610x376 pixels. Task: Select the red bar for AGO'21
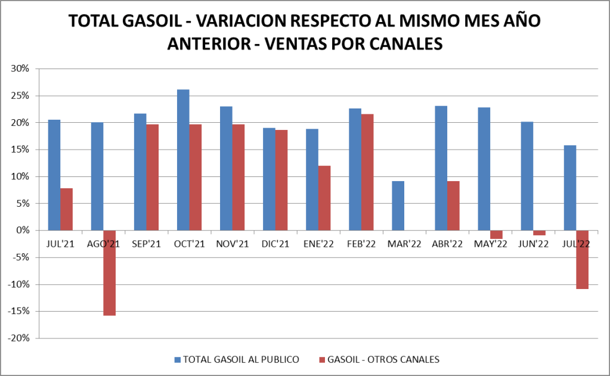[x=109, y=272]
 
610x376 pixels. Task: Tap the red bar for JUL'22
[x=582, y=259]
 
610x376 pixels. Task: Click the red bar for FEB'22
[x=367, y=172]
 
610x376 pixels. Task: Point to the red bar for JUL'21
[x=66, y=209]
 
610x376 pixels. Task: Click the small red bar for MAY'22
[x=496, y=235]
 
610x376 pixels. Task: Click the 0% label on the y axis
[x=23, y=231]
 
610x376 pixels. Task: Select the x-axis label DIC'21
[x=275, y=243]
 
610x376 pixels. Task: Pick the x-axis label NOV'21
[x=232, y=243]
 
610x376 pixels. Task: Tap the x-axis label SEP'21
[x=145, y=243]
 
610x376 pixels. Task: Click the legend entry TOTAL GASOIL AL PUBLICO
[x=237, y=359]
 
